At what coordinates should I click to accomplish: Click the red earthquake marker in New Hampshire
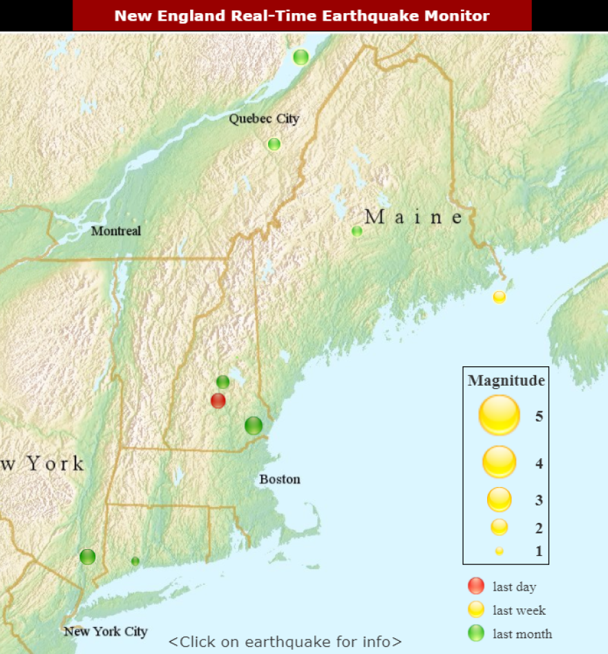218,400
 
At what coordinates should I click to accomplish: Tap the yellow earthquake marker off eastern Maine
499,297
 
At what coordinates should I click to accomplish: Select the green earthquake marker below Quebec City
274,144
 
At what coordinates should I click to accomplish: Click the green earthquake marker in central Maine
357,231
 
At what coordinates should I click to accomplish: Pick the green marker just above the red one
222,381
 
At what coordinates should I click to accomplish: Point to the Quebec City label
264,119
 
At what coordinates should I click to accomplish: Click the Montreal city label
116,231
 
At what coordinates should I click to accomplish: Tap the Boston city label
280,479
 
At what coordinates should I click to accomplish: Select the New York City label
106,631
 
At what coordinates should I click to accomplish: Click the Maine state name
414,217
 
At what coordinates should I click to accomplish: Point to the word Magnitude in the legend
506,380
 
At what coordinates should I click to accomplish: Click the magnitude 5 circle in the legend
499,415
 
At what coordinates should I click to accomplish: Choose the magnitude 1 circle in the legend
499,551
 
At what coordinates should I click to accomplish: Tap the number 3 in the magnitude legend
539,499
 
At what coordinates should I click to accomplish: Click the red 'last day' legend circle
476,586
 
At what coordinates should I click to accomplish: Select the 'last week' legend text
519,611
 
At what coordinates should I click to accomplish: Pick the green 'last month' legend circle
476,633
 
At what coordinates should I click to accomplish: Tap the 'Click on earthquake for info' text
285,642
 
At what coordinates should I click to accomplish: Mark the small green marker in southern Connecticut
135,561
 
